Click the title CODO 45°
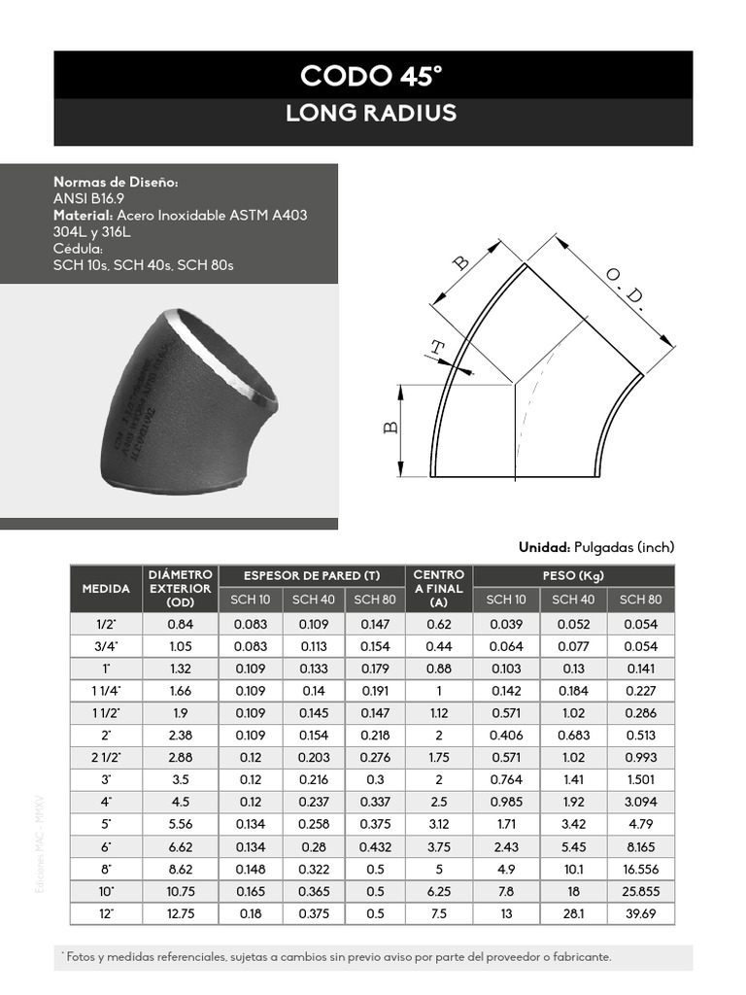tap(372, 75)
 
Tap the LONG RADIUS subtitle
tap(372, 114)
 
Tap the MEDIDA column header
tap(106, 589)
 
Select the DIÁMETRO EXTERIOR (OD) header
tap(181, 589)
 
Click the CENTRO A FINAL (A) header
tap(438, 589)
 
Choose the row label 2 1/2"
tap(106, 757)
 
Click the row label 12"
tap(106, 914)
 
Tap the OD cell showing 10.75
tap(181, 892)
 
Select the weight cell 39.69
tap(640, 914)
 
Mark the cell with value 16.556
tap(640, 870)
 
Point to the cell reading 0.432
tap(375, 847)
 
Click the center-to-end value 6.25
tap(438, 892)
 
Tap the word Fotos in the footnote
tap(80, 957)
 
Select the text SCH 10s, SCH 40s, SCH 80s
tap(144, 265)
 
